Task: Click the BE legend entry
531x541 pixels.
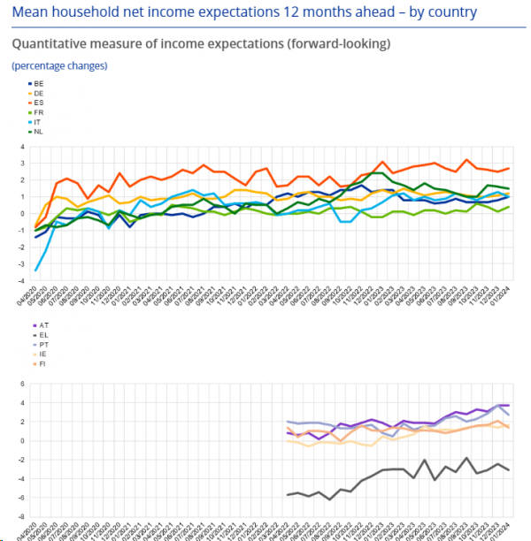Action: coord(37,83)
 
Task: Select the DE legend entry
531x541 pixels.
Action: coord(37,93)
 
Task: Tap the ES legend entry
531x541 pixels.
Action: coord(37,103)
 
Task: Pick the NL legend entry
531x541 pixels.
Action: coord(37,132)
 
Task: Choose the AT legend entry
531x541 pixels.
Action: coord(37,326)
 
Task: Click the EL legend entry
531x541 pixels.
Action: coord(37,336)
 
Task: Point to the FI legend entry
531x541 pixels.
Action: coord(37,364)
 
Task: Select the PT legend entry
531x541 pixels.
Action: coord(37,346)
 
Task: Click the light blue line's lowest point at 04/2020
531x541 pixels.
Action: coord(36,270)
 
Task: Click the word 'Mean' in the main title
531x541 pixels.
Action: coord(29,12)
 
